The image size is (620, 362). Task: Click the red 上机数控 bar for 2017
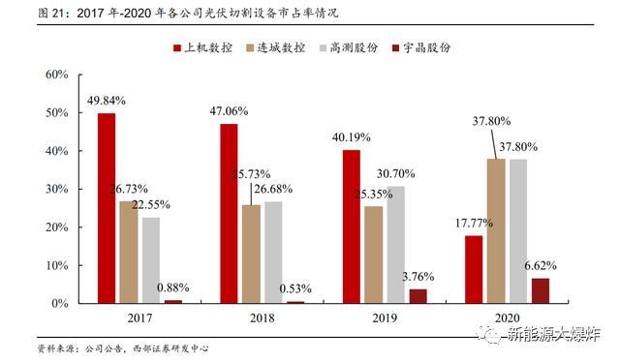(x=107, y=208)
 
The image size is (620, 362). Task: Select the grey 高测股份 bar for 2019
(x=395, y=245)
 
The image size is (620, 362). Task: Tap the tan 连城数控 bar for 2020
(x=496, y=231)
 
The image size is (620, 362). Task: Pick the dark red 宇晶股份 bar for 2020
(x=541, y=290)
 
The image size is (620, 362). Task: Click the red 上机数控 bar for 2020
(x=474, y=269)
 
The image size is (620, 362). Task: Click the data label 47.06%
(x=230, y=110)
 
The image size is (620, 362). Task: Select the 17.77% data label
(x=473, y=223)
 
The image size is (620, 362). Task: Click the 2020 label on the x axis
(x=507, y=318)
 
